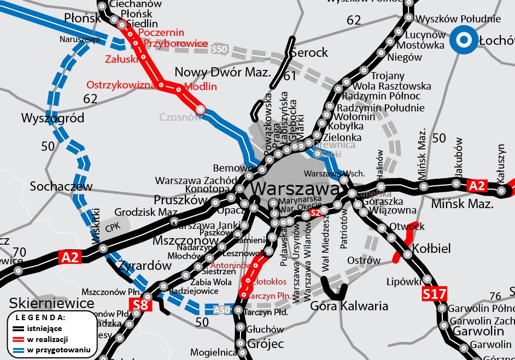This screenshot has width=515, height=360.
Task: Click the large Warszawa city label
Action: point(296,190)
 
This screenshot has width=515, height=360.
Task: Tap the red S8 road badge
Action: point(141,304)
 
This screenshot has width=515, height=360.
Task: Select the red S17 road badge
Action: point(434,294)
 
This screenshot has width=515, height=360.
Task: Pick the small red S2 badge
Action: point(314,213)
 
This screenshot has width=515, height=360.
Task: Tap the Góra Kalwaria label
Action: point(349,305)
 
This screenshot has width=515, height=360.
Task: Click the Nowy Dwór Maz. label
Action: point(223,73)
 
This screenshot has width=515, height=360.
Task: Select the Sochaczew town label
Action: point(61,186)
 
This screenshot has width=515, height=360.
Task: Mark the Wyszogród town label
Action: point(52,118)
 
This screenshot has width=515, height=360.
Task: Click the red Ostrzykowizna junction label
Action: point(121,85)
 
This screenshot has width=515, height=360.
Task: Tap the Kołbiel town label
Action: point(432,249)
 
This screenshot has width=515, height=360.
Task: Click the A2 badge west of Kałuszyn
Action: point(476,186)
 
